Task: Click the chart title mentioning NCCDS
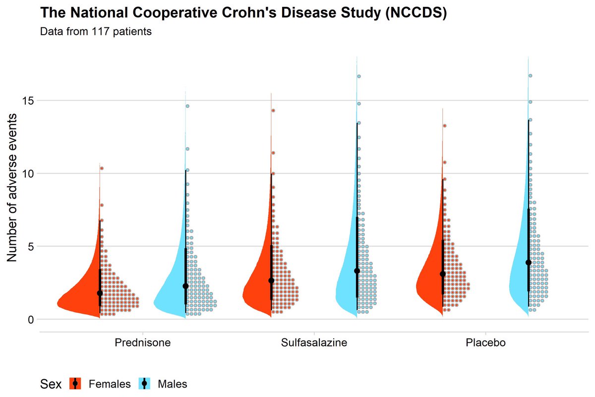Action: (243, 13)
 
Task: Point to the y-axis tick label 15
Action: (28, 101)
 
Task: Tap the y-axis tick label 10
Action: (28, 174)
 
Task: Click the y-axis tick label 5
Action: (31, 247)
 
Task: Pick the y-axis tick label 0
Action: (31, 320)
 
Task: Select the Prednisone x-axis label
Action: (143, 343)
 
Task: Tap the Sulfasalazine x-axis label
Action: (314, 343)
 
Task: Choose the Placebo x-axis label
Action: (485, 343)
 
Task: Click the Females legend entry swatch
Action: (75, 384)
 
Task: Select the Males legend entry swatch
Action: (144, 384)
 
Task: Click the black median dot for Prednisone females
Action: (100, 293)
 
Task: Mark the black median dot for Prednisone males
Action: (185, 286)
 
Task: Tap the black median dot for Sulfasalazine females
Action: (271, 281)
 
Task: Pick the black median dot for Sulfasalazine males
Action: (357, 271)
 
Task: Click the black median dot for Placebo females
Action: (443, 274)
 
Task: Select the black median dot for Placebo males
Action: (529, 263)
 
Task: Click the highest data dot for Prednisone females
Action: (102, 168)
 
